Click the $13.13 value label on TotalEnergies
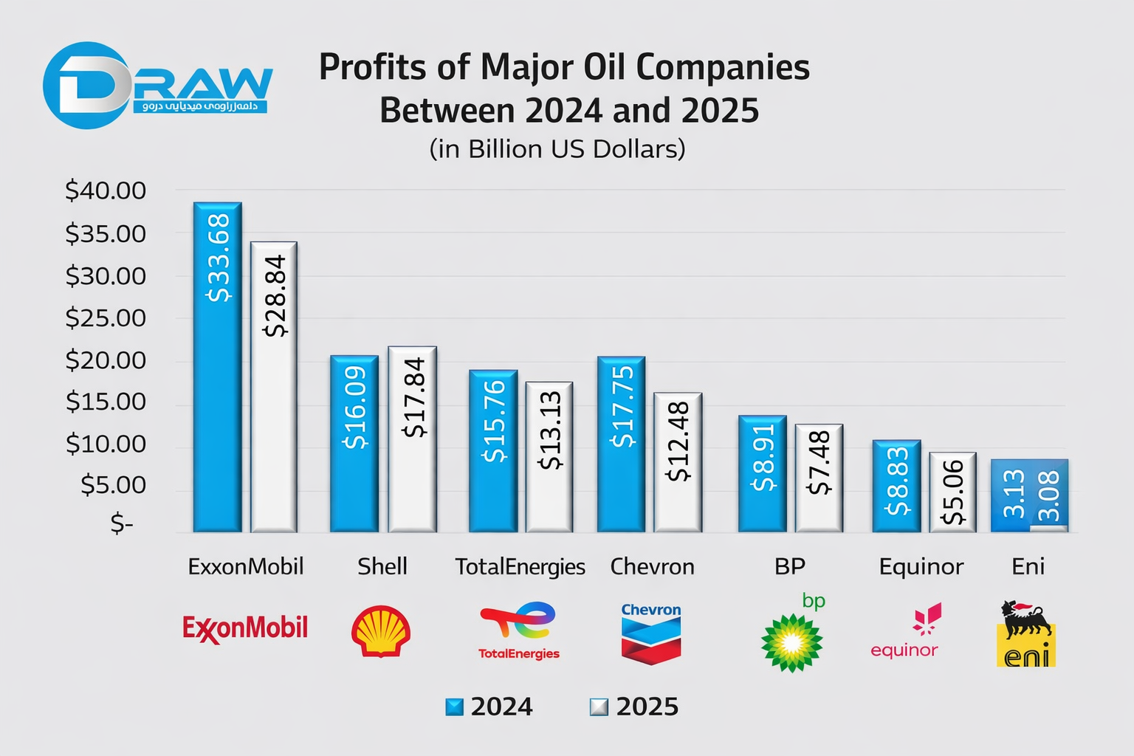coord(551,431)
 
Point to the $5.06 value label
coord(953,492)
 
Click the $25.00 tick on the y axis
coord(106,318)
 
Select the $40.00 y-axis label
coord(106,190)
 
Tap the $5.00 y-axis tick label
coord(113,485)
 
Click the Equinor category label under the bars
coord(921,566)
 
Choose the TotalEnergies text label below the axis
coord(520,566)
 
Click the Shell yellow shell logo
coord(381,631)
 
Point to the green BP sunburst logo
coord(792,641)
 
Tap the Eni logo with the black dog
coord(1026,634)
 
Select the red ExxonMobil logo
coord(245,628)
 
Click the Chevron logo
coord(650,633)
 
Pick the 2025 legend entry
coord(634,707)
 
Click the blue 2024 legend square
coord(455,707)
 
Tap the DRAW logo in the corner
coord(158,85)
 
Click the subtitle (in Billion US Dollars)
coord(557,149)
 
